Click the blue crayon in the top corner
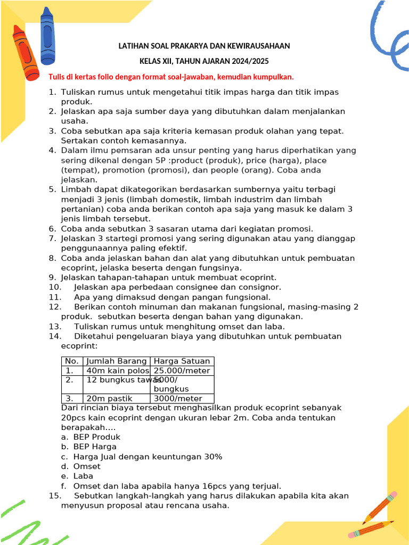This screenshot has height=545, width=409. [x=47, y=35]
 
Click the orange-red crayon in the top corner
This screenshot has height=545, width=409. [x=26, y=52]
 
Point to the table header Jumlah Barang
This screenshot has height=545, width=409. [x=117, y=361]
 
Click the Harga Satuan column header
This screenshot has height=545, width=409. [x=182, y=361]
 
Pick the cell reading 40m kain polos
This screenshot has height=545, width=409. [x=117, y=370]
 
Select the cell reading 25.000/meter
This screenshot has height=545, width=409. [x=182, y=370]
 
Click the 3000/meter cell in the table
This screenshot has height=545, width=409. [x=178, y=399]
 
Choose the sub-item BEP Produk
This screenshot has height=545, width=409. [x=97, y=437]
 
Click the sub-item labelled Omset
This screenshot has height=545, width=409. [x=87, y=466]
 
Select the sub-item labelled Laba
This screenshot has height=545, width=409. [x=83, y=476]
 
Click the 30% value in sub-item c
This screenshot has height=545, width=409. [x=212, y=457]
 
